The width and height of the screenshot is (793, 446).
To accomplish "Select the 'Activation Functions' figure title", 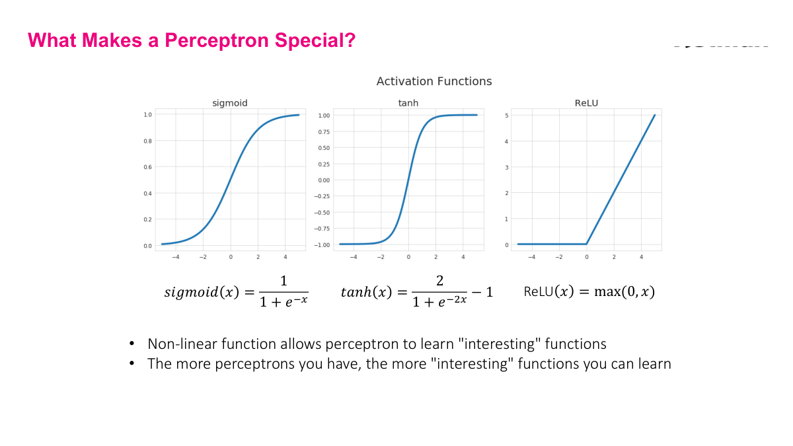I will click(434, 81).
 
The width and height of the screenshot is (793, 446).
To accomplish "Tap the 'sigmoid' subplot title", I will click(230, 103).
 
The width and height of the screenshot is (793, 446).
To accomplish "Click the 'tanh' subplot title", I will click(408, 103).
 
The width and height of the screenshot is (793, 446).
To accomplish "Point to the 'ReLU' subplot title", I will click(586, 103).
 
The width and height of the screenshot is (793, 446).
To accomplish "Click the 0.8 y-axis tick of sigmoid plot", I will click(147, 141).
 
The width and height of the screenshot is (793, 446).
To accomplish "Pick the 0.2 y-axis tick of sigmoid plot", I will click(147, 219).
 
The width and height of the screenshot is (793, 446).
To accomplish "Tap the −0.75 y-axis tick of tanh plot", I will click(322, 229).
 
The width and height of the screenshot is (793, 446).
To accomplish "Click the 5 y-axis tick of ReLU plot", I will click(507, 115).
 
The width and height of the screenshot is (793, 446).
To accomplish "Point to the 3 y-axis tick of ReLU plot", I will click(507, 167).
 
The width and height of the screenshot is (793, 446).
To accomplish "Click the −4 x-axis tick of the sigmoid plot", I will click(175, 257).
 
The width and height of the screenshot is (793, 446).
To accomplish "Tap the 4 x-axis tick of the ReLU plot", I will click(641, 257).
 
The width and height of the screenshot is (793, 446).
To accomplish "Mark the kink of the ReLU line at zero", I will click(586, 244).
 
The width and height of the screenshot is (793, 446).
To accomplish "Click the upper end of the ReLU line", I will click(655, 115).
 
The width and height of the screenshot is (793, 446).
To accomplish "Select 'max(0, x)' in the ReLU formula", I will click(624, 291).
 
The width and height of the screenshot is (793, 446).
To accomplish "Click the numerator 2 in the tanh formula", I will click(439, 281).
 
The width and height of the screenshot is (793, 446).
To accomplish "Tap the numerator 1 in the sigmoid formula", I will click(283, 281).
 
